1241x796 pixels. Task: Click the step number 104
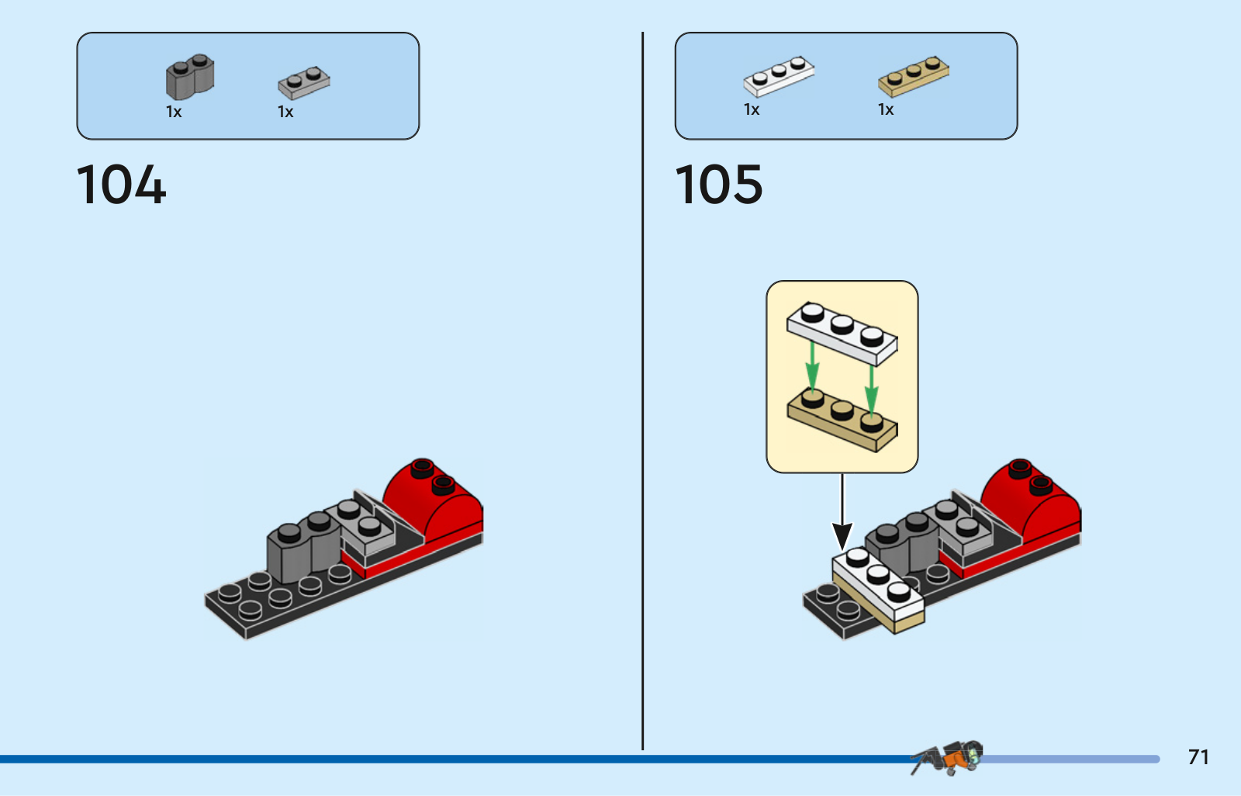[121, 185]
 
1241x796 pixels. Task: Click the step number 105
[718, 184]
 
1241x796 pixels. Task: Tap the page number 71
[1198, 756]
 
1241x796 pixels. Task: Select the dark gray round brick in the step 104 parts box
[190, 77]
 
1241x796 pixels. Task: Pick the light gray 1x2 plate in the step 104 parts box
[303, 82]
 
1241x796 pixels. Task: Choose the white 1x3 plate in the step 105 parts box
[779, 76]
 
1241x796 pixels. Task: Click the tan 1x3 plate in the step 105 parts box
[913, 76]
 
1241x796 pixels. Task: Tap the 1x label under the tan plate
[885, 109]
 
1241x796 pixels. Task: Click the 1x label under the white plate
[752, 109]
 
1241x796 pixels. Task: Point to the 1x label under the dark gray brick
[174, 112]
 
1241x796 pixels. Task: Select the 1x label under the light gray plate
[285, 112]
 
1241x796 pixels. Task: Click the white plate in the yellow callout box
[842, 334]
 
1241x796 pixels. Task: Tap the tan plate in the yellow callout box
[842, 420]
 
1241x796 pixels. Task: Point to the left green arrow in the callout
[812, 366]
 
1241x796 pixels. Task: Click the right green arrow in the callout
[872, 390]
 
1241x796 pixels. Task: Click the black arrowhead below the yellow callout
[842, 536]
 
